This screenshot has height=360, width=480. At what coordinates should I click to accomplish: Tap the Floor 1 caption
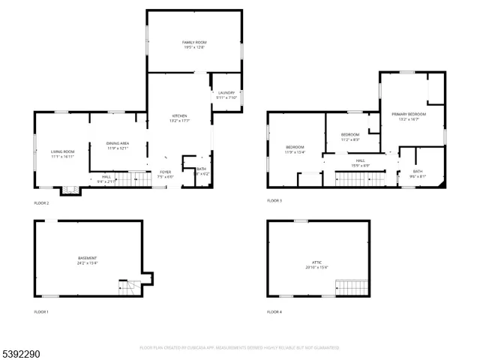click(41, 311)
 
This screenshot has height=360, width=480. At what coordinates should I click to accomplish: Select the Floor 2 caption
click(41, 203)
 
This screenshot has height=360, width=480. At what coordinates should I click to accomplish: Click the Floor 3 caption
click(275, 201)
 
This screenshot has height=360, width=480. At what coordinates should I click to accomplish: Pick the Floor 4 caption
click(275, 311)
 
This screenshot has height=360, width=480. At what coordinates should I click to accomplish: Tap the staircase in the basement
click(130, 288)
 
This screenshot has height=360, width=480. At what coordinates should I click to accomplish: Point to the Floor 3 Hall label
click(360, 163)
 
